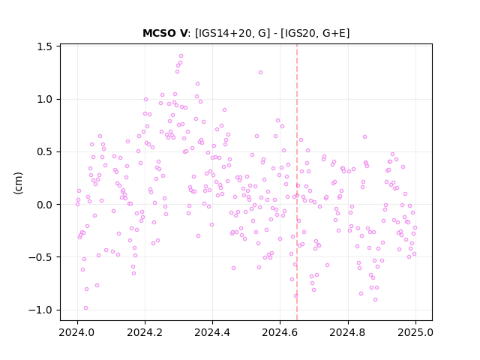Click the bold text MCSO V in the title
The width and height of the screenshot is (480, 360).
click(x=165, y=33)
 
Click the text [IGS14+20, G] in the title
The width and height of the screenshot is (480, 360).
click(x=232, y=33)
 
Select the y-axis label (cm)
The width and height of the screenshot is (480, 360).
click(x=18, y=183)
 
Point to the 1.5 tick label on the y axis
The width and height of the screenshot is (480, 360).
click(x=45, y=46)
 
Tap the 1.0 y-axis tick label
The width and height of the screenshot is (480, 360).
click(x=45, y=100)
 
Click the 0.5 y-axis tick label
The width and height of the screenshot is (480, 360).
click(x=45, y=152)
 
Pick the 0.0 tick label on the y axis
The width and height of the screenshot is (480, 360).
click(x=45, y=205)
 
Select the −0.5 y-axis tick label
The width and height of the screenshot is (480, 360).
click(x=40, y=257)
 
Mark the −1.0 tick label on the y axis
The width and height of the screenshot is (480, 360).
click(x=40, y=310)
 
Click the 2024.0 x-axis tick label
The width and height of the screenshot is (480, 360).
click(x=77, y=332)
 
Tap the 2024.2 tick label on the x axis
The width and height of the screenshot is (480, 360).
click(x=145, y=332)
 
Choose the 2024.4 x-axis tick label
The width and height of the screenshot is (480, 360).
click(x=212, y=332)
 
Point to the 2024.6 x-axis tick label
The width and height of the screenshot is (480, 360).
click(x=280, y=332)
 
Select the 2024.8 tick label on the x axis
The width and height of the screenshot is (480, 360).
click(x=348, y=332)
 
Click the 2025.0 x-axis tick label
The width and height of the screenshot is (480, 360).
click(x=415, y=332)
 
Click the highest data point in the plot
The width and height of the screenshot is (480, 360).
click(x=181, y=56)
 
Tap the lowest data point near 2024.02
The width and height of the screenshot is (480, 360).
click(x=85, y=308)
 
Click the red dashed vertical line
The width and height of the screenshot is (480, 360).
click(x=297, y=182)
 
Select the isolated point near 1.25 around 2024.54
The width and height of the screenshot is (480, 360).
click(x=260, y=73)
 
